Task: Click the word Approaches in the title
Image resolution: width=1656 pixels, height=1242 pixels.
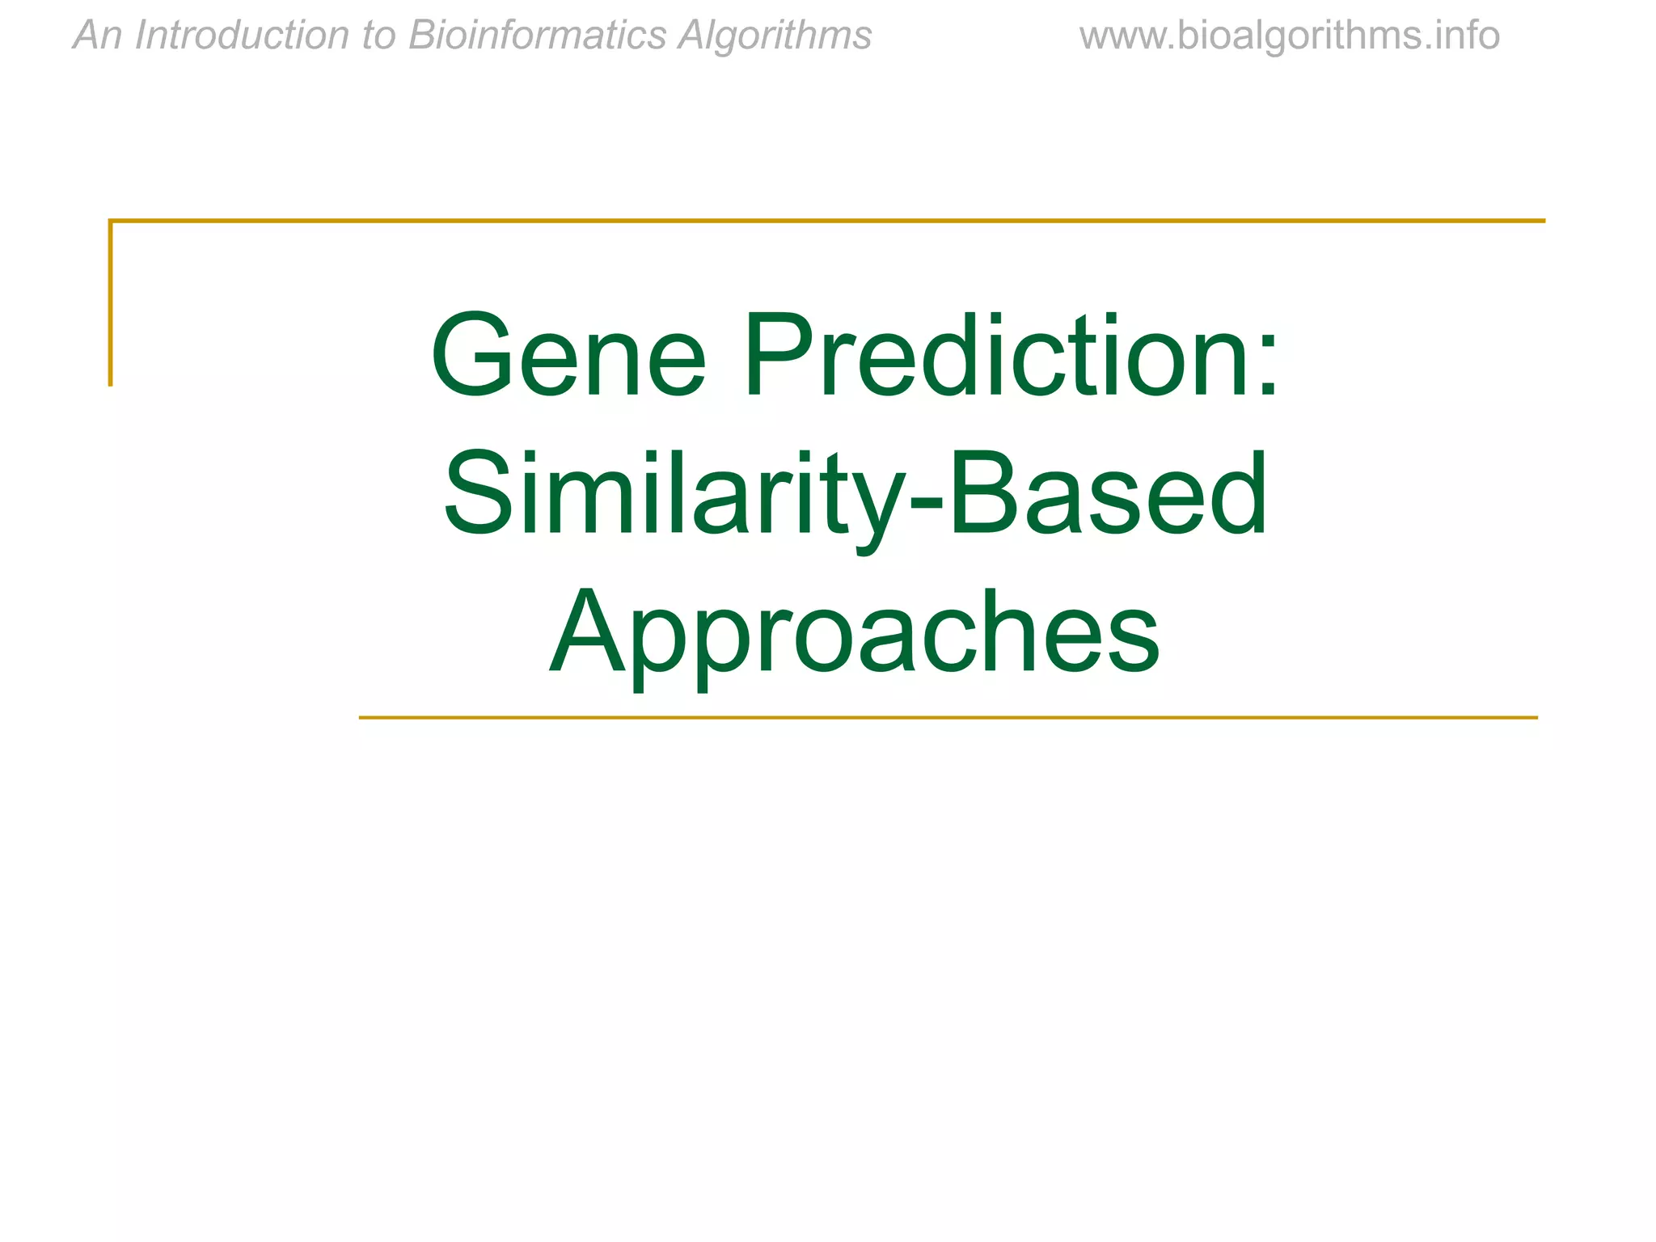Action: [855, 632]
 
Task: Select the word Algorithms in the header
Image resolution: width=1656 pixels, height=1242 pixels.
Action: [775, 36]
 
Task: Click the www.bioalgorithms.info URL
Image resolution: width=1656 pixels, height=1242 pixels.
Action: [1289, 36]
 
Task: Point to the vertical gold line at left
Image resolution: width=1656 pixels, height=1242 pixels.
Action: [111, 307]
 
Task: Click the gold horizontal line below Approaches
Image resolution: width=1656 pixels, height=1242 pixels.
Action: [946, 717]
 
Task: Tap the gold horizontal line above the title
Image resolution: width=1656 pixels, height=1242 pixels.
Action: [825, 220]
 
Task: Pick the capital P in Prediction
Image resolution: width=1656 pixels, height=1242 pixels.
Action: [780, 356]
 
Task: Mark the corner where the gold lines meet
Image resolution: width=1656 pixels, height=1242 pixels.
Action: [111, 220]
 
